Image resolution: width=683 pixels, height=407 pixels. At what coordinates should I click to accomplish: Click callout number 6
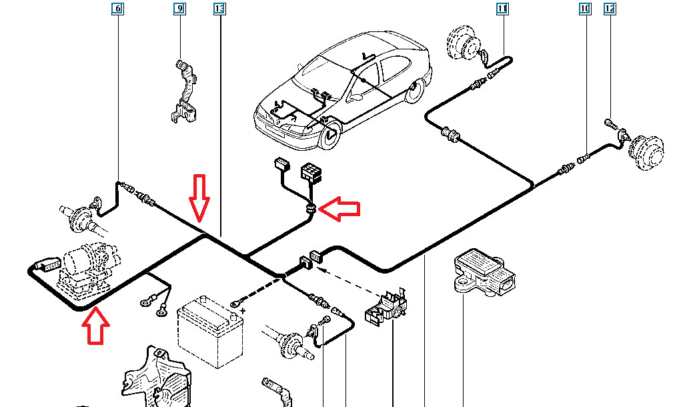tap(118, 9)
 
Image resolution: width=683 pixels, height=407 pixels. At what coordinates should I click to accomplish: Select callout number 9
tap(179, 9)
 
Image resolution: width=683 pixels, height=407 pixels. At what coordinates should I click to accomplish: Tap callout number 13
tap(219, 9)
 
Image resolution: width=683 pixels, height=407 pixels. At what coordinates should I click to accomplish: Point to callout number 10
tap(585, 9)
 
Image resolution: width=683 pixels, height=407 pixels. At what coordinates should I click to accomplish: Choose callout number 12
tap(609, 9)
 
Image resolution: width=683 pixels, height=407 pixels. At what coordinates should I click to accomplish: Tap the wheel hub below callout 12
tap(645, 153)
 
